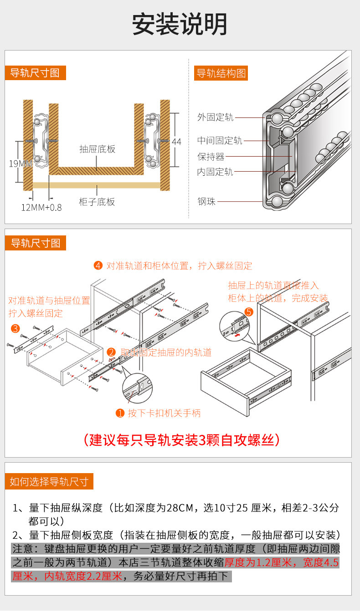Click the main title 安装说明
[x=180, y=24]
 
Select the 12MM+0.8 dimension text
[x=41, y=207]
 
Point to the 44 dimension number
[x=176, y=142]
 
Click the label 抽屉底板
[x=97, y=149]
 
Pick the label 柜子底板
[x=97, y=202]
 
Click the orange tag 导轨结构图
[x=221, y=73]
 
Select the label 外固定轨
[x=215, y=117]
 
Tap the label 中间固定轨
[x=220, y=141]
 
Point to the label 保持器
[x=211, y=157]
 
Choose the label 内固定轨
[x=215, y=172]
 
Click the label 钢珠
[x=206, y=201]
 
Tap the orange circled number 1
[x=120, y=413]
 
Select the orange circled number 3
[x=15, y=328]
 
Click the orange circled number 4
[x=98, y=265]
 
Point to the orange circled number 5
[x=249, y=312]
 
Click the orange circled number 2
[x=111, y=352]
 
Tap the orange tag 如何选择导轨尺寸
[x=49, y=481]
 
